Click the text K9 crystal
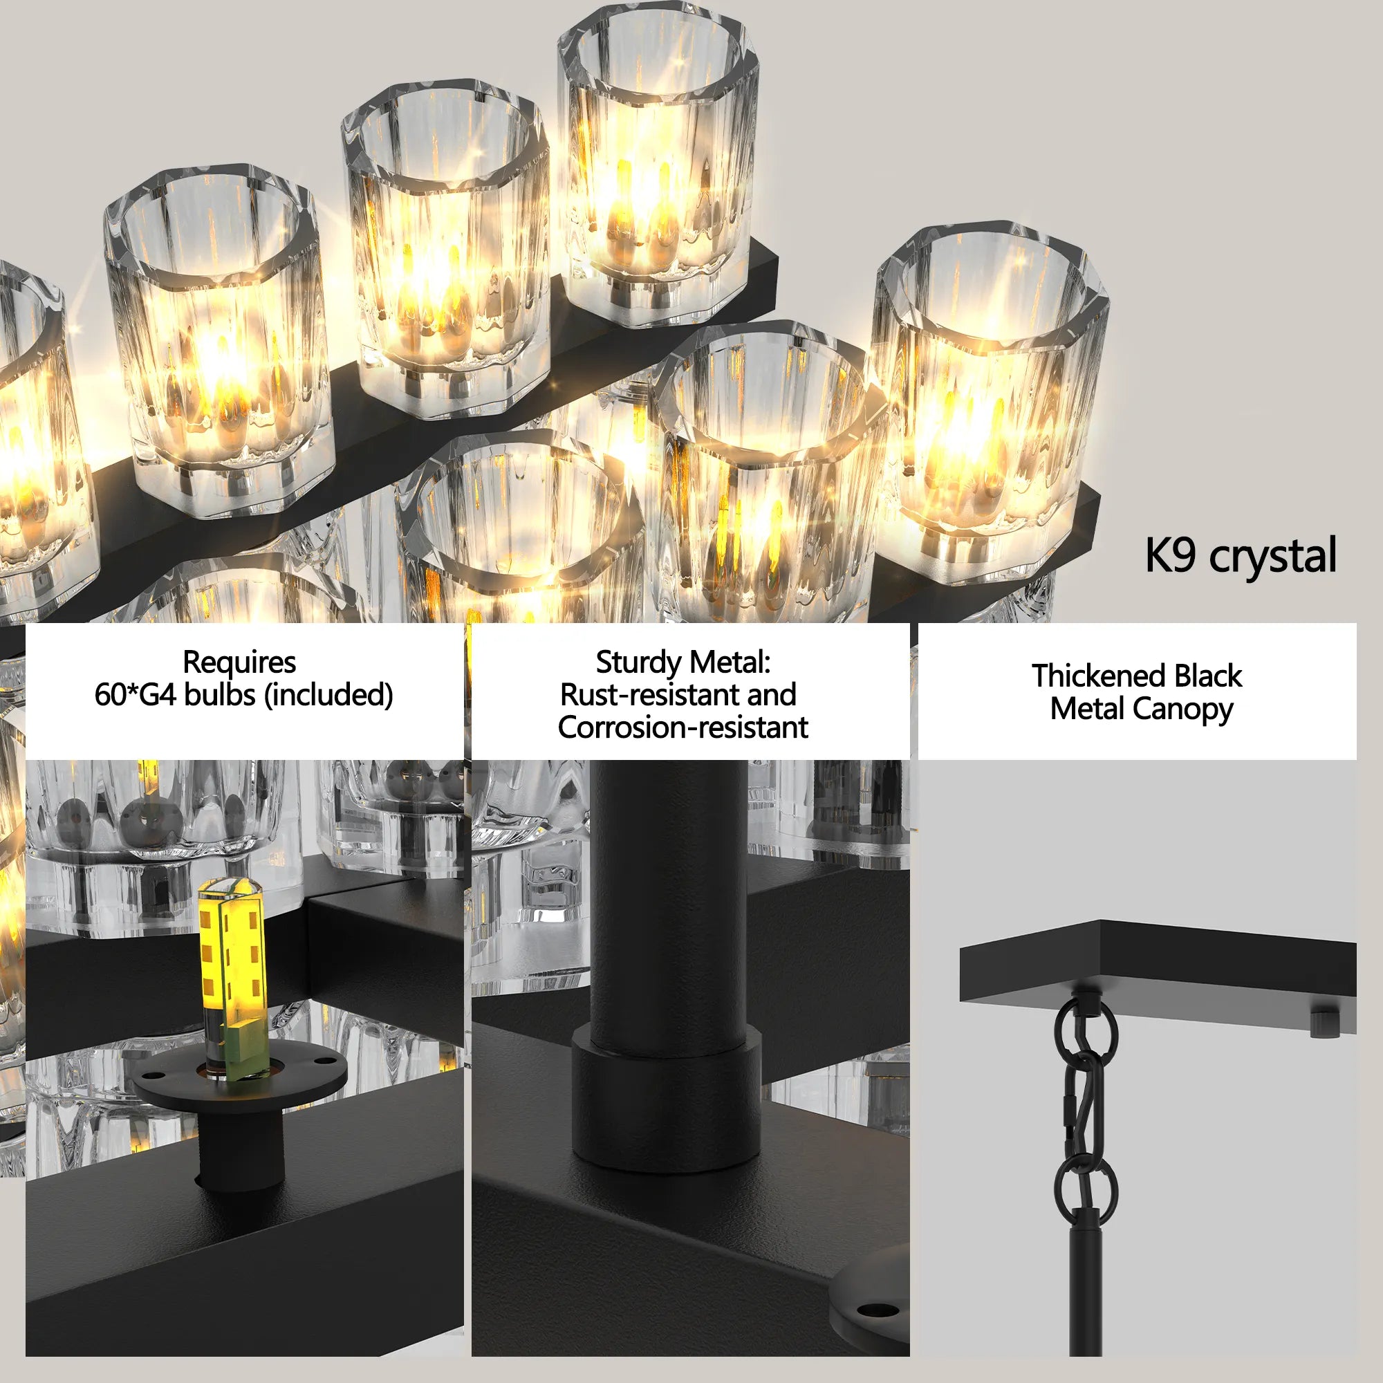[1240, 555]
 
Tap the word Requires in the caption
[239, 662]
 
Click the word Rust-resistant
[616, 695]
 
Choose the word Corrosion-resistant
[683, 728]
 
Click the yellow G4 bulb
[231, 974]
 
